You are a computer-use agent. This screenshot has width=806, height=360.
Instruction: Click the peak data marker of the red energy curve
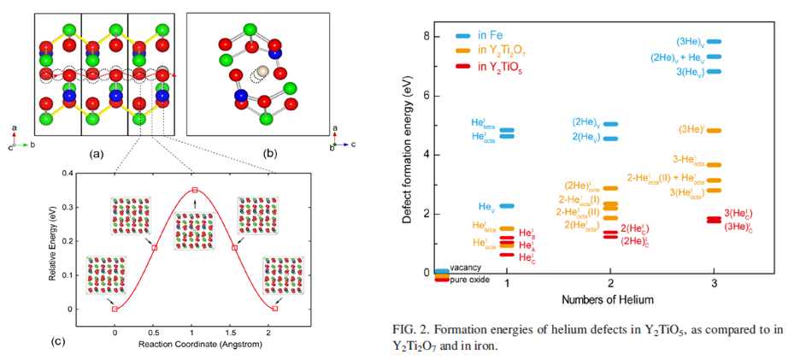(195, 189)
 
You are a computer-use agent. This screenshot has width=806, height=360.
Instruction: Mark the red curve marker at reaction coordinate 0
(115, 309)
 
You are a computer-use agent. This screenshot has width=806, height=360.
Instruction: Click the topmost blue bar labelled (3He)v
(715, 41)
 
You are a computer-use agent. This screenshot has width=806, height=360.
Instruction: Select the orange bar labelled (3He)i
(715, 130)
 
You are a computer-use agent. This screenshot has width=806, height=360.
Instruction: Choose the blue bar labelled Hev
(507, 206)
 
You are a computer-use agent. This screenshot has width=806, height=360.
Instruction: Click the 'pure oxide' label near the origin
(470, 280)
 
